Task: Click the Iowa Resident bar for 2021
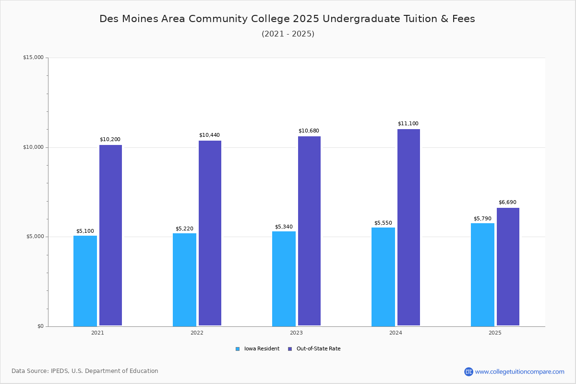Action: (85, 281)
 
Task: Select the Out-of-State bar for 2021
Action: (110, 235)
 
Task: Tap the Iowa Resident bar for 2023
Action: (284, 278)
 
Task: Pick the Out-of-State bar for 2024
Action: (408, 228)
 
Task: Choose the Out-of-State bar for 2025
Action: (508, 267)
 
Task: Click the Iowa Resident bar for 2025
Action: (482, 275)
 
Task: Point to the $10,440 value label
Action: (209, 135)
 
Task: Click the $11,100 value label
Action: (408, 124)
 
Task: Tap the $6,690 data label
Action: (507, 203)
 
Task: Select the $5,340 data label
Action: (284, 227)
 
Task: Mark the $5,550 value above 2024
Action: (383, 223)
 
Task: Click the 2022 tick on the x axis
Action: (197, 333)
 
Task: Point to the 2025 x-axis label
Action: (495, 333)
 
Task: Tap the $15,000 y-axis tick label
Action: (33, 58)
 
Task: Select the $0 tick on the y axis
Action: (40, 326)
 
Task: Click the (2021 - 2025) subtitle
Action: (288, 34)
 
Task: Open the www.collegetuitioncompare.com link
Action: (519, 372)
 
